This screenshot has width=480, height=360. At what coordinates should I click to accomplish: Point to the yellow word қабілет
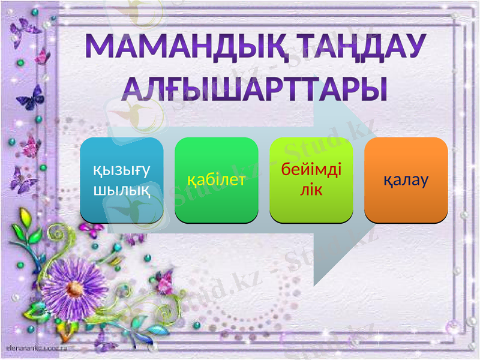(217, 179)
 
